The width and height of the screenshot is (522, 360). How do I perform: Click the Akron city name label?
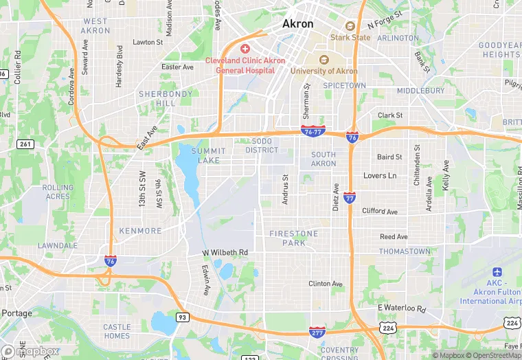[298, 23]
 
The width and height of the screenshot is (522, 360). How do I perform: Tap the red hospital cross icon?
[245, 49]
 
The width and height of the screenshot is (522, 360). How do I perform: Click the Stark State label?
[350, 37]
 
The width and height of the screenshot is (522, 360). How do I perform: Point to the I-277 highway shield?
[317, 332]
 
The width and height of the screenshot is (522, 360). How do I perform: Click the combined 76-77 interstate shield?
[313, 131]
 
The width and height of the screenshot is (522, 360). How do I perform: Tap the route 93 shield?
[182, 317]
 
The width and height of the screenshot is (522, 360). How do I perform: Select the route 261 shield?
[26, 144]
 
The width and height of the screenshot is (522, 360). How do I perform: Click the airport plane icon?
[497, 271]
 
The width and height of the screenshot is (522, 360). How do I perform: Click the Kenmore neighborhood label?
[140, 231]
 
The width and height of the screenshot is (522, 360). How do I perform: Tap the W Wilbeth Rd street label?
[225, 253]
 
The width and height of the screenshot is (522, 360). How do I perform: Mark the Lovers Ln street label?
[380, 176]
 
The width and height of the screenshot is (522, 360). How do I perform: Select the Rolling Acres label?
[58, 192]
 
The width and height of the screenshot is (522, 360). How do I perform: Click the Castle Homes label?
[117, 331]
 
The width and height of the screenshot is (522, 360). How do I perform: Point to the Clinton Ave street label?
[326, 283]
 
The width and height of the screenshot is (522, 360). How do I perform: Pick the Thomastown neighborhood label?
[405, 251]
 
